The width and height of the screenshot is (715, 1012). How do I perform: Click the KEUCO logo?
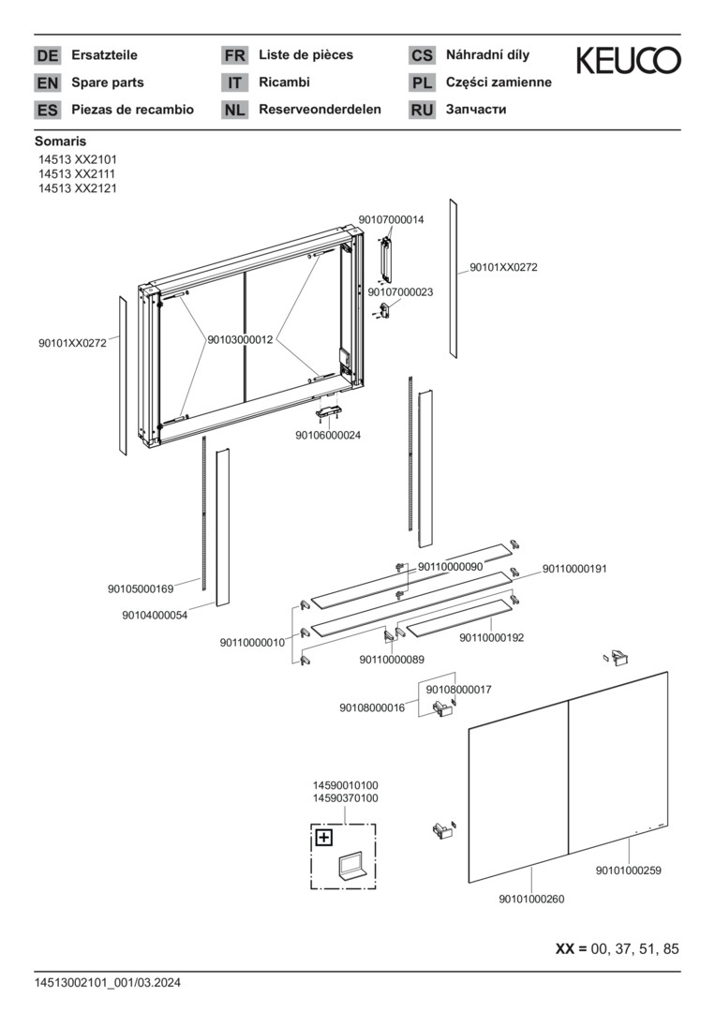(628, 61)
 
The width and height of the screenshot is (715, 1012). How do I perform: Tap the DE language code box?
(47, 55)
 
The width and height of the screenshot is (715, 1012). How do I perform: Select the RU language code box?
(422, 110)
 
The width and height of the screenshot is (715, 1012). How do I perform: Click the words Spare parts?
(108, 82)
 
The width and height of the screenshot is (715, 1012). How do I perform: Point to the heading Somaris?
(60, 141)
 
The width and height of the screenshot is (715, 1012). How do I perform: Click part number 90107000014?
(391, 219)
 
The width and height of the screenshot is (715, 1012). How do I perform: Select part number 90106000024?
(328, 435)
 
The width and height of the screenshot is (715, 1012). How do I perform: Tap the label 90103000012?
(240, 339)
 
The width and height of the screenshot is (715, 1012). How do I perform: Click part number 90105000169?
(141, 588)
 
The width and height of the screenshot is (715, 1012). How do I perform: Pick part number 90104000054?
(155, 615)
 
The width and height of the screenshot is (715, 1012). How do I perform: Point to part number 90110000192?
(491, 637)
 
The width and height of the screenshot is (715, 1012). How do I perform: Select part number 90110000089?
(392, 660)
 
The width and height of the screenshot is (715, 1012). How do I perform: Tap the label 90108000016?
(372, 707)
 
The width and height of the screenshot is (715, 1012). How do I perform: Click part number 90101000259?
(628, 871)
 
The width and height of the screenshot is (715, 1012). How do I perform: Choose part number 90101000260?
(531, 899)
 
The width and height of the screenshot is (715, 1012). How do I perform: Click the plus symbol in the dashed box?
(323, 838)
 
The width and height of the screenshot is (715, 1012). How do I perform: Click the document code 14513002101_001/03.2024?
(107, 982)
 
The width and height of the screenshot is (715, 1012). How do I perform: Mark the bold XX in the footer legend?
(564, 948)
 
